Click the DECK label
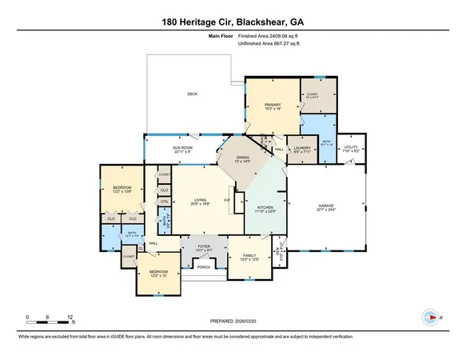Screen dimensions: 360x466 point(192,94)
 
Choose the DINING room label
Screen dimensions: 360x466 point(243,158)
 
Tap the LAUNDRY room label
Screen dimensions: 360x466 point(302,149)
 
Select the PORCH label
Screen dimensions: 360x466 point(204,267)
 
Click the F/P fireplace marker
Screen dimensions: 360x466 point(227,200)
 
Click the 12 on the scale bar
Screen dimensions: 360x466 point(71,317)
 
